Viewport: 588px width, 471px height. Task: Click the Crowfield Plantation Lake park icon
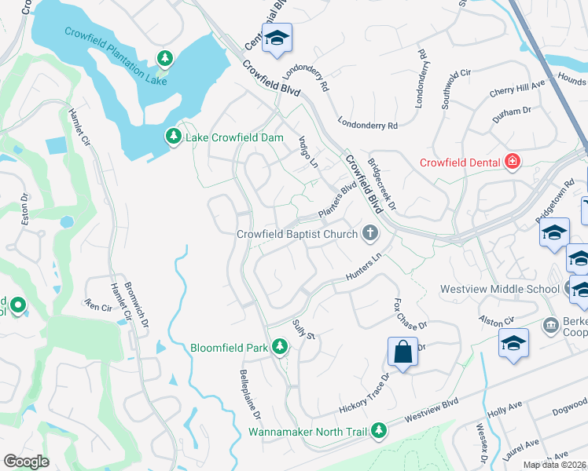[x=165, y=58]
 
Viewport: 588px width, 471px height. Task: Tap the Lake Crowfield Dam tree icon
[x=173, y=137]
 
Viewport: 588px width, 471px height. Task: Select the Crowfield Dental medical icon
[x=513, y=162]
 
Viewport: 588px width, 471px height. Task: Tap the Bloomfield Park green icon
[x=279, y=347]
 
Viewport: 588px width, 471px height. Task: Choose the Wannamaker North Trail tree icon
[x=379, y=431]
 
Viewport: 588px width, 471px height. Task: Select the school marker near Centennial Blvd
[x=277, y=39]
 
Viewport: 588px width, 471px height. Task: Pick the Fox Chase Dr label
[x=408, y=313]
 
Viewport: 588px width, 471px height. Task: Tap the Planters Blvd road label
[x=337, y=203]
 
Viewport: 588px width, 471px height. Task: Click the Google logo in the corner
[x=26, y=462]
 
